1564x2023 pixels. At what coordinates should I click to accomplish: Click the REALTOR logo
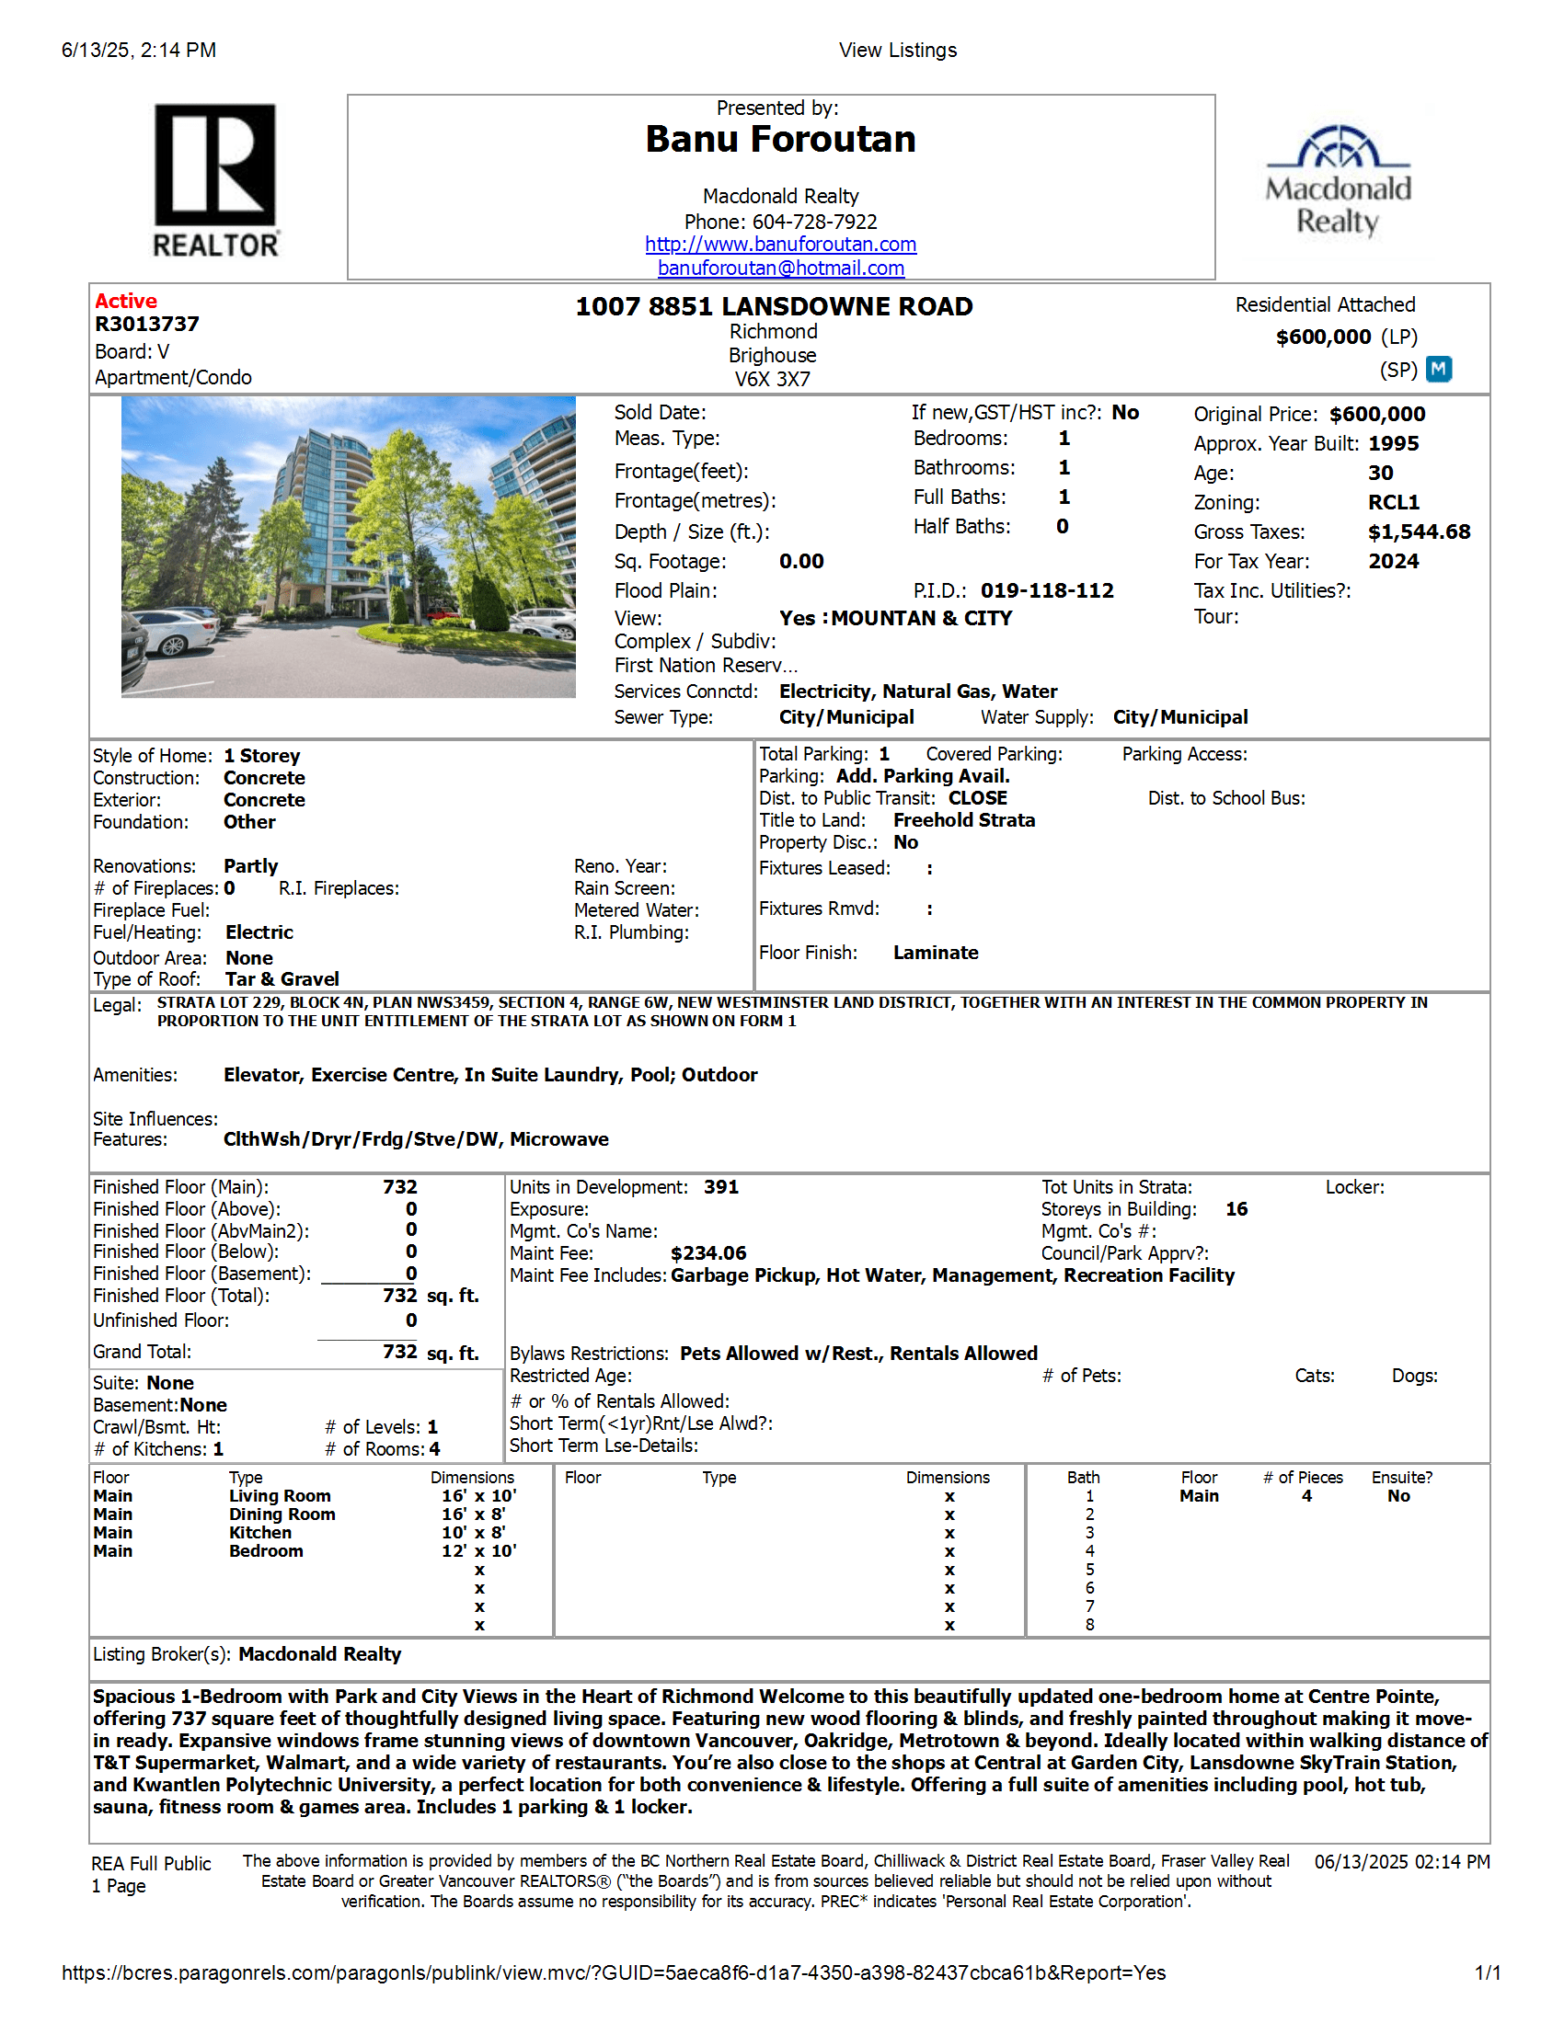click(215, 179)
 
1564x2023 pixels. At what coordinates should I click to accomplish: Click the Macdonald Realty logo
click(1338, 181)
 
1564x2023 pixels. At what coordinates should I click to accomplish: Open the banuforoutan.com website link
click(780, 245)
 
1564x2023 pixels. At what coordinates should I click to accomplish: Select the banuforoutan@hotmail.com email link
click(780, 269)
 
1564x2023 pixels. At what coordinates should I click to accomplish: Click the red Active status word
click(126, 301)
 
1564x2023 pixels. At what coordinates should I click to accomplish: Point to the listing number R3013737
click(146, 325)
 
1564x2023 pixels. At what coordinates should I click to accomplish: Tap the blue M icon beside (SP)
click(1438, 370)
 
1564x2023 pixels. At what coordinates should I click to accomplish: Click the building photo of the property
click(349, 546)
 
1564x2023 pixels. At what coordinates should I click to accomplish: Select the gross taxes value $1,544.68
click(1419, 532)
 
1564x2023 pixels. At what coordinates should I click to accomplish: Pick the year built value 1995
click(1393, 444)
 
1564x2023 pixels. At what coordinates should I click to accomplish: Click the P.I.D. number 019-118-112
click(1047, 591)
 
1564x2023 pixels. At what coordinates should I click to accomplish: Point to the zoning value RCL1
click(1393, 503)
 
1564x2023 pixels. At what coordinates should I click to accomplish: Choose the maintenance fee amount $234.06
click(707, 1254)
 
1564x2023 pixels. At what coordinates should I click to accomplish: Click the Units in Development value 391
click(721, 1187)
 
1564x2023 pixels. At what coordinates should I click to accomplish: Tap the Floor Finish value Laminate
click(935, 954)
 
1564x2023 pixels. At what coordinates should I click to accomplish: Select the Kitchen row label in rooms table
click(259, 1533)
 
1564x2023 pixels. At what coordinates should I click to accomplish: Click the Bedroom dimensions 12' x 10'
click(478, 1551)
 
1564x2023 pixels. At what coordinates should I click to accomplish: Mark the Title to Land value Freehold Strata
click(963, 820)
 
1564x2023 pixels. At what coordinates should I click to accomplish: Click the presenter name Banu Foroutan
click(780, 140)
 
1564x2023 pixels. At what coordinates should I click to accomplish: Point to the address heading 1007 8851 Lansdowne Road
click(774, 306)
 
